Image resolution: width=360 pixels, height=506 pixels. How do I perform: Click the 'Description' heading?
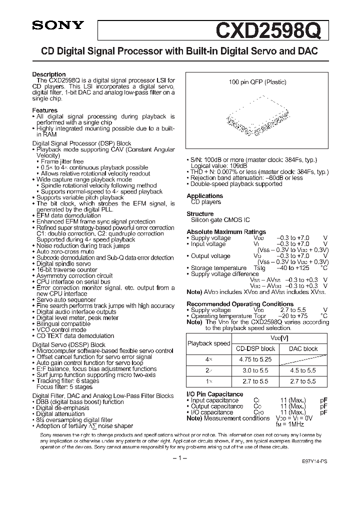click(49, 74)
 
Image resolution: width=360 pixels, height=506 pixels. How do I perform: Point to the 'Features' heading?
click(45, 110)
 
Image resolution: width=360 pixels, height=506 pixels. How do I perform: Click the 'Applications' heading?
click(204, 196)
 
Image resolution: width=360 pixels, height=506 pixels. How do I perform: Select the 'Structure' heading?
click(200, 214)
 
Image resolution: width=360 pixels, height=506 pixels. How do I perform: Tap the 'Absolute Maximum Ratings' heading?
click(226, 232)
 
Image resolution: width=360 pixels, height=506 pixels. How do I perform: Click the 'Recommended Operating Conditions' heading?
click(240, 304)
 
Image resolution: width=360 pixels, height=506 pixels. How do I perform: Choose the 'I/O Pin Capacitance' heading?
click(215, 394)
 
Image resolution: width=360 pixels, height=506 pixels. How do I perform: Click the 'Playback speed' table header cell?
click(208, 343)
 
